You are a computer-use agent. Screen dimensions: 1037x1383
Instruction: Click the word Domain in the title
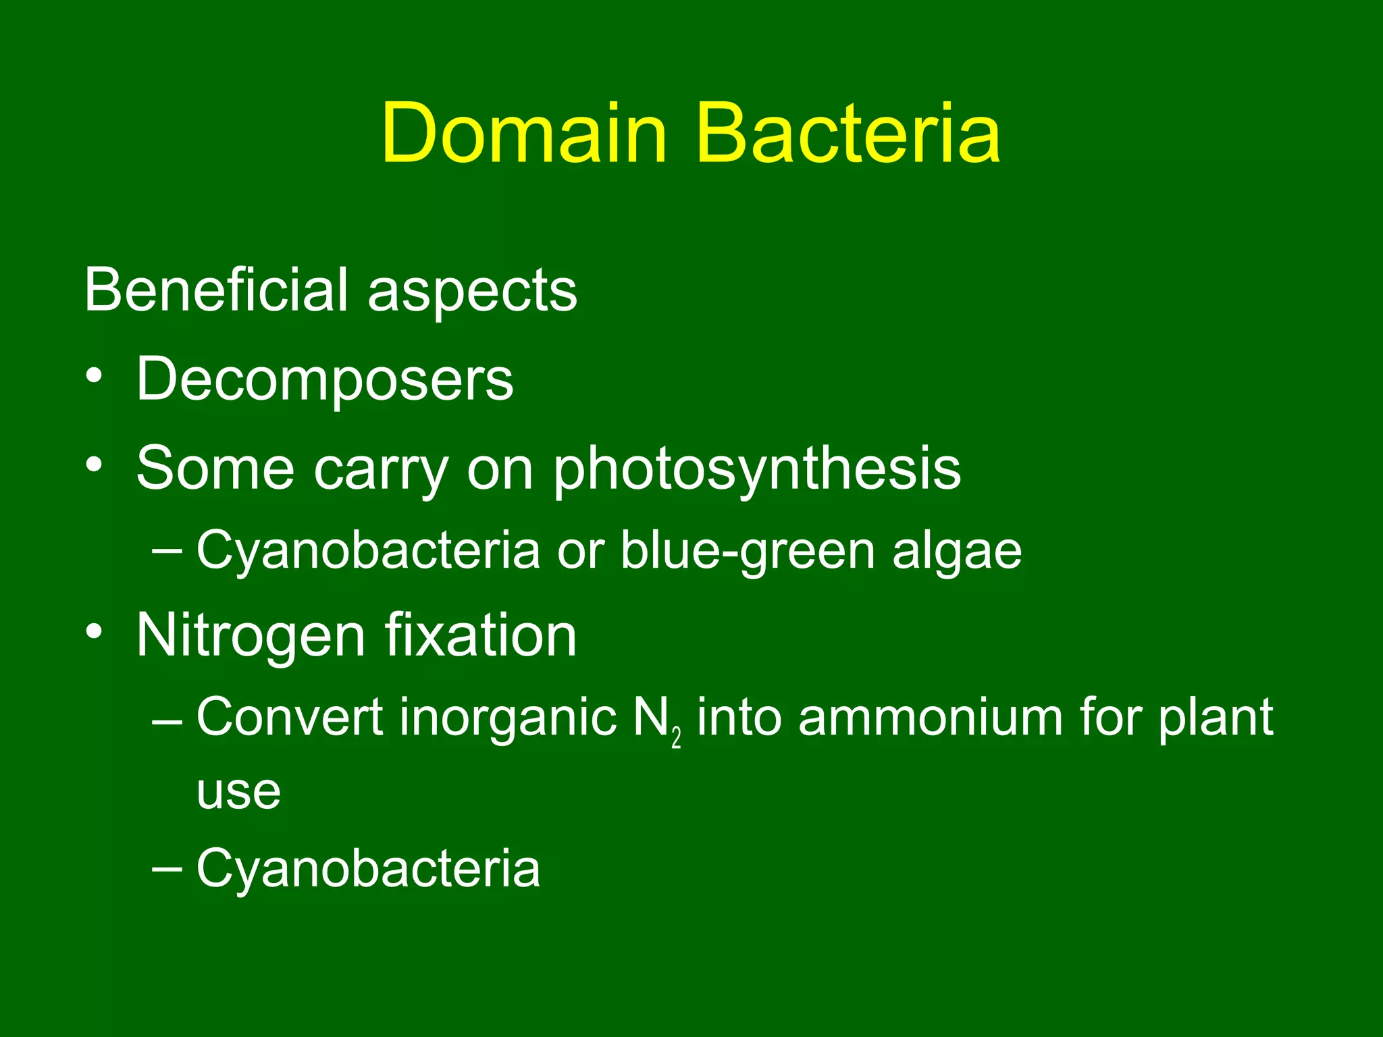click(x=524, y=133)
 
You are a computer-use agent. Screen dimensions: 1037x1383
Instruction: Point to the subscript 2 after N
click(x=677, y=739)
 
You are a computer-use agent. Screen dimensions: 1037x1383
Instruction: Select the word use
click(x=238, y=792)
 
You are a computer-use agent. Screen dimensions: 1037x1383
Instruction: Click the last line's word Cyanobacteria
click(x=368, y=869)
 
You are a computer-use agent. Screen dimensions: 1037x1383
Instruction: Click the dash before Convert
click(x=167, y=720)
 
